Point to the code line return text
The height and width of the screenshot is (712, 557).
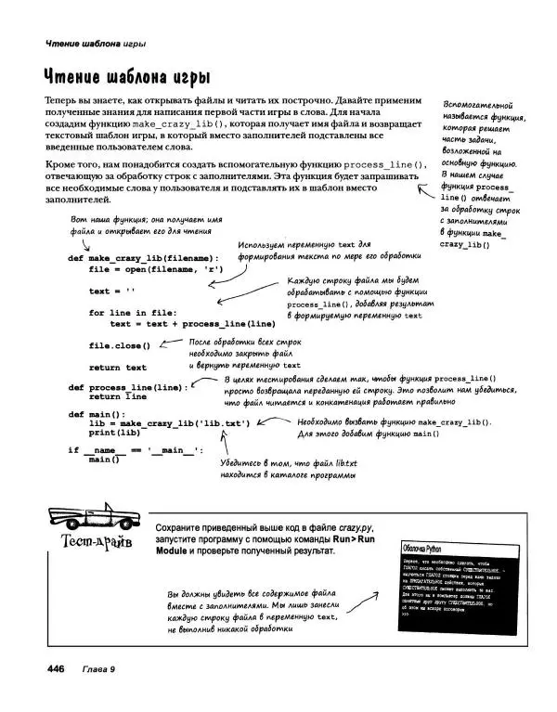pos(118,367)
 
